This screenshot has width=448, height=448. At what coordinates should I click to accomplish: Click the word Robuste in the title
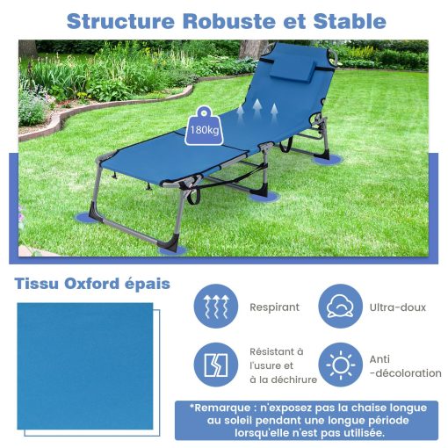tap(229, 21)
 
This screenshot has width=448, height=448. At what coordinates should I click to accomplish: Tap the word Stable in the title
tap(350, 21)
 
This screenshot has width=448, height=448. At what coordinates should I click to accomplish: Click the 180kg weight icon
tap(204, 126)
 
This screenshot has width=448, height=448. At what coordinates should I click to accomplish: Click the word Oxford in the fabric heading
tap(91, 284)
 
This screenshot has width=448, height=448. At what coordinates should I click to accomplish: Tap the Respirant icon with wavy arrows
tap(216, 306)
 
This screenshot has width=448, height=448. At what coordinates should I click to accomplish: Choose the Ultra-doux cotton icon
tap(341, 306)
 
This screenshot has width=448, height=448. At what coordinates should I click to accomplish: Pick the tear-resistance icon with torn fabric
tap(216, 365)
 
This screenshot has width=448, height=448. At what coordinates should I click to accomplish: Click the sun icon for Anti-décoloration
tap(341, 365)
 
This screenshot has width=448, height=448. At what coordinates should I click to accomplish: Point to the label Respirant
tap(274, 307)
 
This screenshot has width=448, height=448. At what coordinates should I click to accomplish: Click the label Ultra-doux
tap(397, 307)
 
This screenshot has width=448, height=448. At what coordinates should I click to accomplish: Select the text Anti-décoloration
tap(405, 366)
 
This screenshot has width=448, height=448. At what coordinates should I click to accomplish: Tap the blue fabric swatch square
tap(85, 366)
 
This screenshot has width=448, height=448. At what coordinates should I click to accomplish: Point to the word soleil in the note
tap(238, 421)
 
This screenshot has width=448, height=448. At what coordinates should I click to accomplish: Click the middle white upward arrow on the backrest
tap(257, 108)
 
